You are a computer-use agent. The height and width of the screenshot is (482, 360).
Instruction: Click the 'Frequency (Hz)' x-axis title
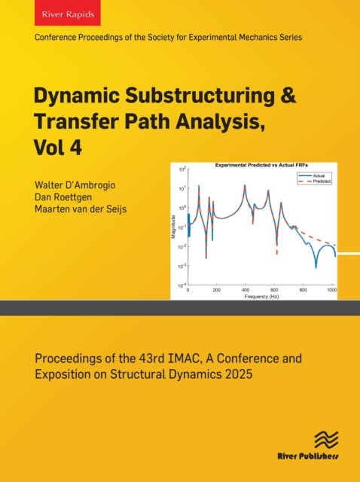point(261,297)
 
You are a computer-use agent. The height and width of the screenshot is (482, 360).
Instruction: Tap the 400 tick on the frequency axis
point(245,290)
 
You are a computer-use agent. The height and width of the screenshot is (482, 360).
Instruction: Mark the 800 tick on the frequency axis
point(304,290)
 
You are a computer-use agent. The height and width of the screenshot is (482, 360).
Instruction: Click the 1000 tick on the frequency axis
point(333,290)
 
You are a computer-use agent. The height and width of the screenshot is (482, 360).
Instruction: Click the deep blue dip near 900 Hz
point(317,267)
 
